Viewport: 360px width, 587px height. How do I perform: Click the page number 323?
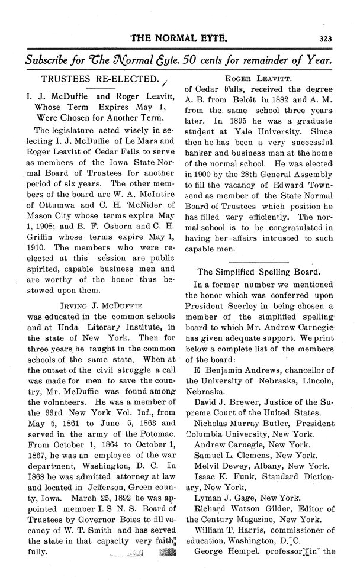coord(325,40)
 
